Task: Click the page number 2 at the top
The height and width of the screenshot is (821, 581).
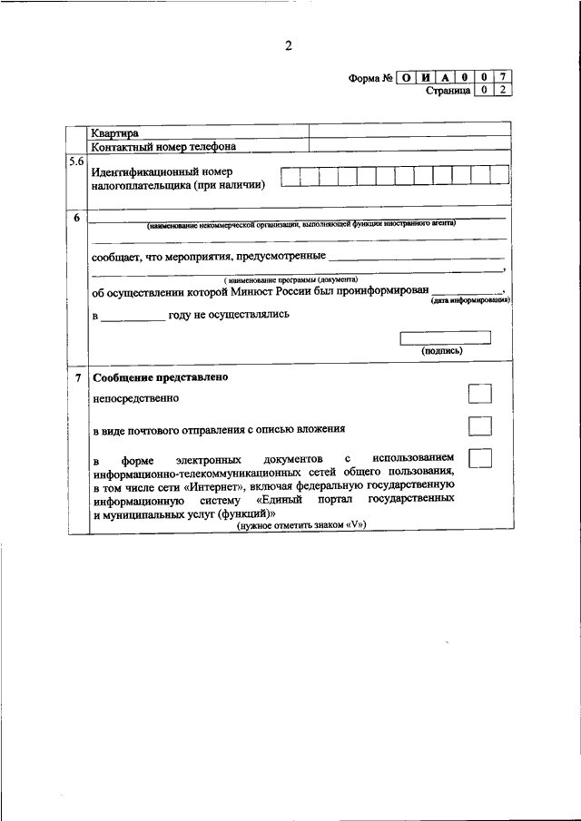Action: [288, 47]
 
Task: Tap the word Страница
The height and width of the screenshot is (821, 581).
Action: [448, 91]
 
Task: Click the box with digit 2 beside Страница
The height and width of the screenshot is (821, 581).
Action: [503, 91]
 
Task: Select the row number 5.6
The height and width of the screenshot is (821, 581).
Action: [76, 161]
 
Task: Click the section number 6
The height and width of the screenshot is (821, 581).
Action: [76, 218]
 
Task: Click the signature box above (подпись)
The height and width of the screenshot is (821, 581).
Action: [445, 337]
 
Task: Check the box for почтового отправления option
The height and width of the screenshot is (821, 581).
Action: [479, 425]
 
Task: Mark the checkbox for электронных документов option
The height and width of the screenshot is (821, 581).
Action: [479, 457]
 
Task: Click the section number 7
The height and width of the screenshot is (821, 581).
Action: [76, 376]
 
